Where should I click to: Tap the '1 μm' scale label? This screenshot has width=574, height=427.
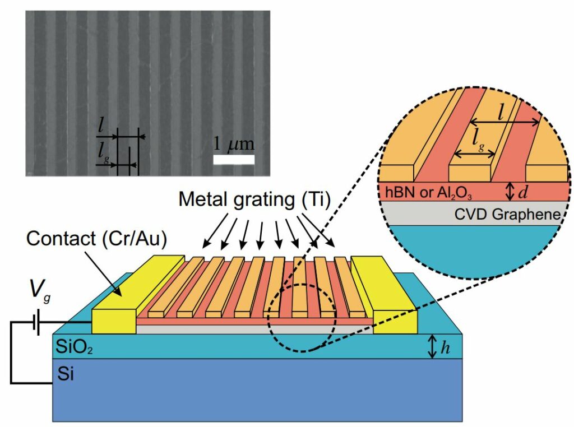(x=234, y=144)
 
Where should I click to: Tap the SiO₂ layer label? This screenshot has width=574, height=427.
(x=73, y=348)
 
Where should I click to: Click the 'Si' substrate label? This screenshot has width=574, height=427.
(x=66, y=373)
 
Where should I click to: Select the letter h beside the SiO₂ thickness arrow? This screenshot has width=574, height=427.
(x=445, y=347)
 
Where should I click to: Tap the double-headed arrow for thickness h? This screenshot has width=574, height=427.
(x=432, y=347)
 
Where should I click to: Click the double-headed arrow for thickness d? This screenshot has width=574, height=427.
(x=510, y=192)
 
